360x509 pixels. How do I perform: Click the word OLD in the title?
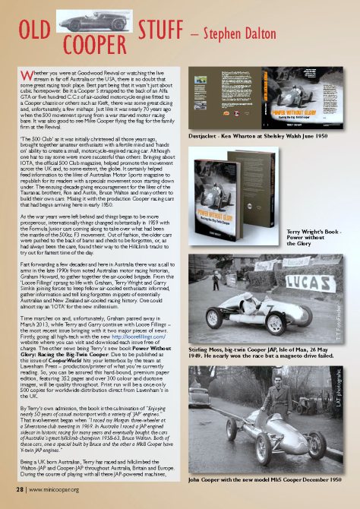point(35,33)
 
